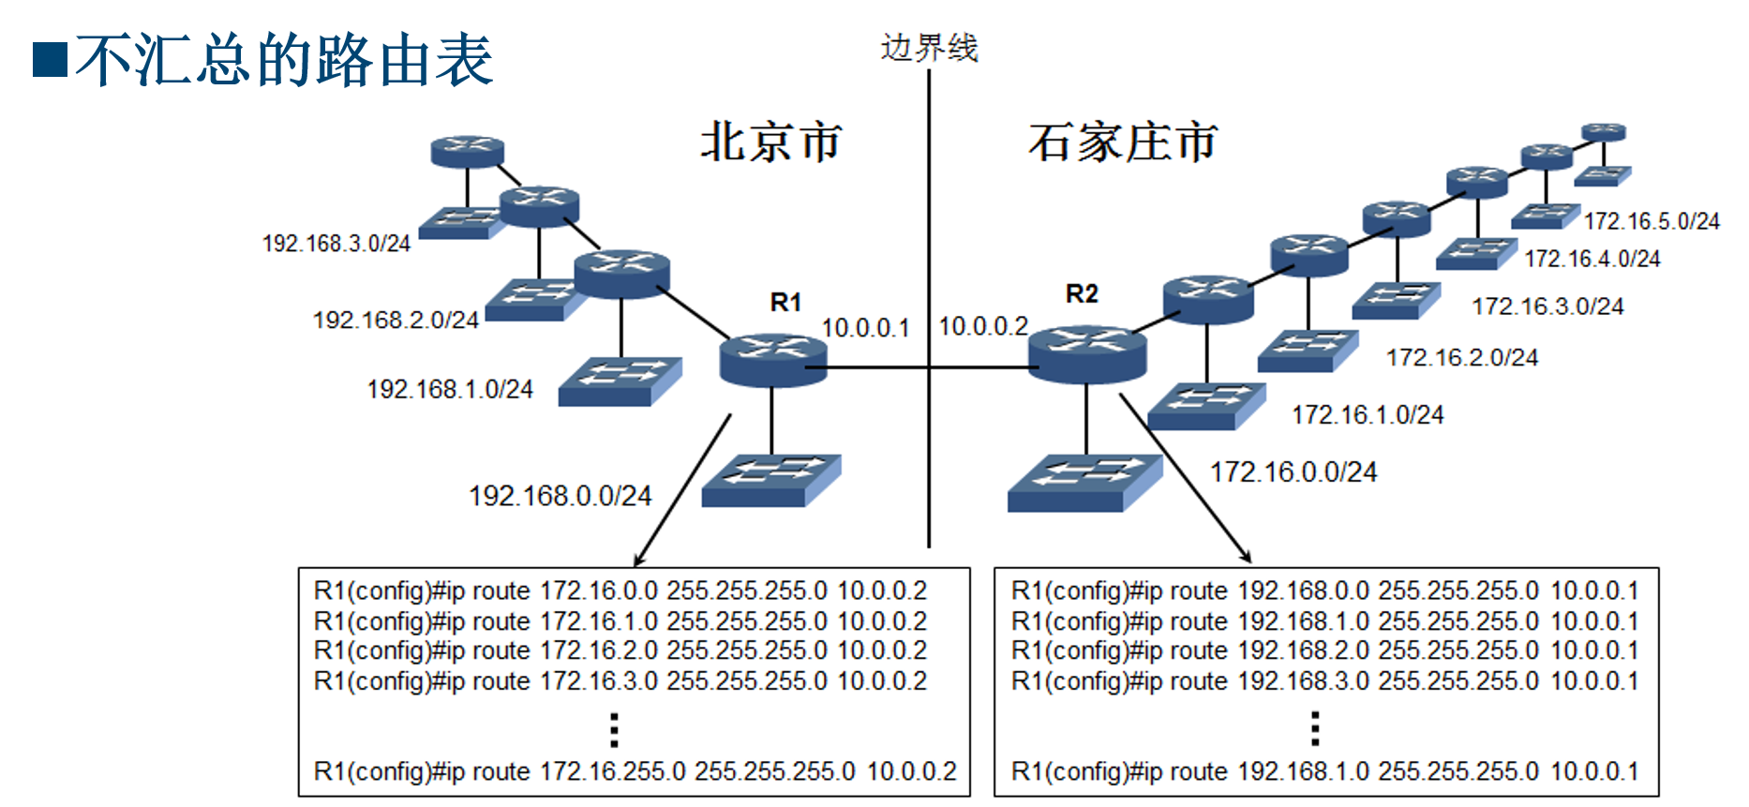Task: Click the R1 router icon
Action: tap(773, 360)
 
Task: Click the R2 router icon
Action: tap(1086, 354)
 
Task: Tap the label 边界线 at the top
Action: tap(929, 47)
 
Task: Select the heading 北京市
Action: tap(770, 142)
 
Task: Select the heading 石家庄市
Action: tap(1122, 142)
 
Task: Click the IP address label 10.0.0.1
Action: tap(865, 328)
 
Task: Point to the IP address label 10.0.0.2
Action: tap(983, 326)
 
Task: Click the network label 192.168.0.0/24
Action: tap(560, 495)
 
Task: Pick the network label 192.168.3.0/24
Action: tap(336, 244)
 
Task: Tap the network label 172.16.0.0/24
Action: tap(1293, 471)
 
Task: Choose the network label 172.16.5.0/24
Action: tap(1652, 221)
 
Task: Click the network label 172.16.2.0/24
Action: tap(1461, 357)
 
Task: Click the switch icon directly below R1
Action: tap(770, 480)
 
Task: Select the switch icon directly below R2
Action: tap(1084, 482)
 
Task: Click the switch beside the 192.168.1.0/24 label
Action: tap(619, 381)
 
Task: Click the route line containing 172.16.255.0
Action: tap(635, 771)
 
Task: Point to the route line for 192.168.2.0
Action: tap(1324, 650)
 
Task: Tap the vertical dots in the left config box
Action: tap(614, 728)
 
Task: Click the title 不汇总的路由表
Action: tap(284, 60)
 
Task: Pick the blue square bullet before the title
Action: tap(50, 59)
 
